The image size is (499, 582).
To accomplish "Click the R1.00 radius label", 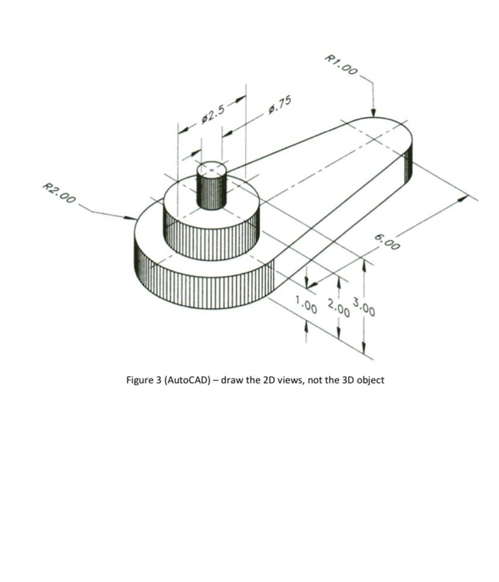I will pos(341,64).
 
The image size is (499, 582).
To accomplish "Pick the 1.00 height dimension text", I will pos(306,304).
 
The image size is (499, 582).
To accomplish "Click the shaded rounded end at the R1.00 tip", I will pos(408,160).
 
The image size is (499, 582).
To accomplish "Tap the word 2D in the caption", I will pos(271,380).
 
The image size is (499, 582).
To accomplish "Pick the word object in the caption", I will pos(370,380).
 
